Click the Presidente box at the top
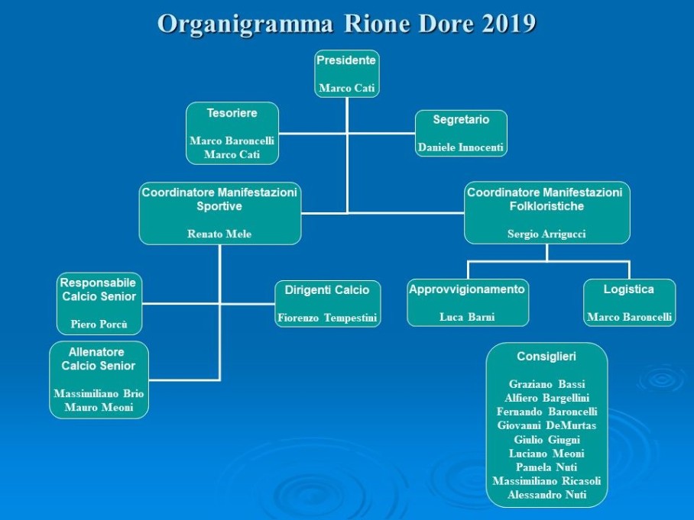346,74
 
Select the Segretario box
461,133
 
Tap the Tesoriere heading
232,113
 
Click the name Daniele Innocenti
461,147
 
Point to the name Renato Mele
219,234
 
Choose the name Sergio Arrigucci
546,234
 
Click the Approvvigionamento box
468,303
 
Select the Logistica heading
628,289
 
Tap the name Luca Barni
467,317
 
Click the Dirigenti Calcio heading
327,290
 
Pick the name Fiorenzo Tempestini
327,318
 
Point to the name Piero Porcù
99,324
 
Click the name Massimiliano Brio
99,393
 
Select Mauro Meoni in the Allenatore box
99,407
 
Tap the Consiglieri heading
546,357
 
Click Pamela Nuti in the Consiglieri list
546,467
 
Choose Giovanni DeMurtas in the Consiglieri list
546,425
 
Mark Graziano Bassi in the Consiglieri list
546,384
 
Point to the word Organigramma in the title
245,24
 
